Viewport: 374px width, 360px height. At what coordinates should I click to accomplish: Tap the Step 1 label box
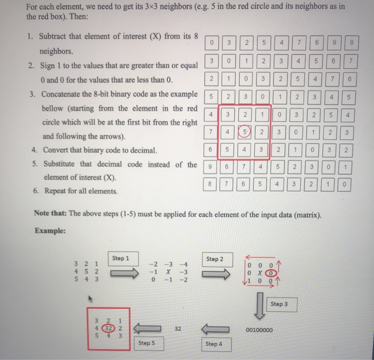tap(121, 258)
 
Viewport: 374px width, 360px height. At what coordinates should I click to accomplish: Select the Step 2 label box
tap(214, 260)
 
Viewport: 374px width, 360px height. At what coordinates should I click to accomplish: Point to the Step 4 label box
tap(212, 345)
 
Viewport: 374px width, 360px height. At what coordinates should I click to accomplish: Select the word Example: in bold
tap(50, 231)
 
